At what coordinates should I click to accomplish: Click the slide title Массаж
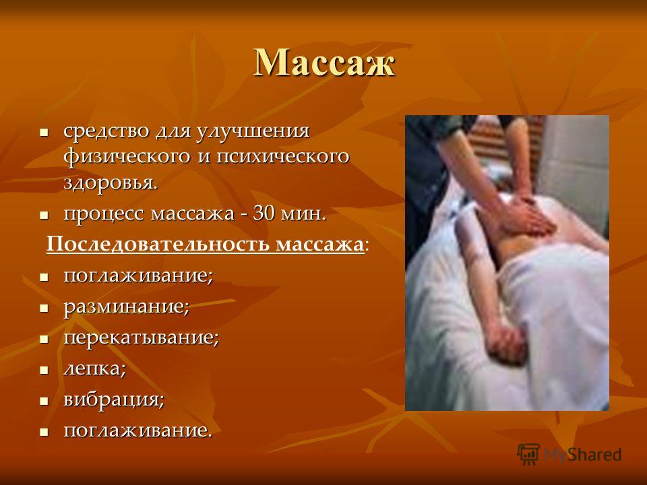(324, 63)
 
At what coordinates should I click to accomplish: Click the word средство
(106, 131)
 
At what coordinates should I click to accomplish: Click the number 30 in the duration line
(264, 214)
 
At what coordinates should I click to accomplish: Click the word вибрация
(113, 399)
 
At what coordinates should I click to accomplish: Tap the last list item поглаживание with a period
(137, 430)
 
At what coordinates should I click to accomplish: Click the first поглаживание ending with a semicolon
(137, 276)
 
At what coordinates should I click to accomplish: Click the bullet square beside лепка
(44, 370)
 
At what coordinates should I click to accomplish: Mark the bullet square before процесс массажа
(44, 215)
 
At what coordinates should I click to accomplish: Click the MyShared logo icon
(528, 455)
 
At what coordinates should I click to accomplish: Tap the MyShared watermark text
(582, 455)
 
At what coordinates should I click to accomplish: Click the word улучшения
(253, 131)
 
